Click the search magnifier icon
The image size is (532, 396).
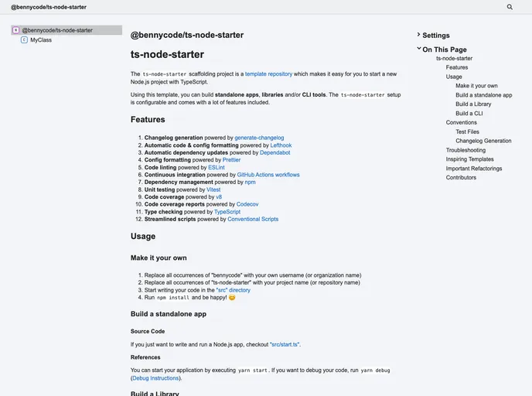(x=510, y=7)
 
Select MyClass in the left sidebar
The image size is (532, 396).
(x=41, y=39)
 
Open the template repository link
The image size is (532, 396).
(x=268, y=74)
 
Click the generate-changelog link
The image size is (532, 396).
(x=259, y=138)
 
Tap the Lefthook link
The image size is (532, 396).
(x=281, y=145)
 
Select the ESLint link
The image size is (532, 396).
(x=217, y=167)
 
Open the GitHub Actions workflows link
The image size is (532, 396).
(x=268, y=175)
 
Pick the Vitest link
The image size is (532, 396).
(x=213, y=189)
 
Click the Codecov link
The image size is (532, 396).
(x=247, y=204)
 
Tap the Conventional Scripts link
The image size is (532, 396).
(x=253, y=219)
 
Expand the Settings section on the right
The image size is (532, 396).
(x=435, y=36)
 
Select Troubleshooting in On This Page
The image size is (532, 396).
(x=465, y=150)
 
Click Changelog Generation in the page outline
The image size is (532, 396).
(x=483, y=141)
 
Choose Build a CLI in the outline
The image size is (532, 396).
(x=469, y=113)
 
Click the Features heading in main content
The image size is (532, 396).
(x=148, y=120)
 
